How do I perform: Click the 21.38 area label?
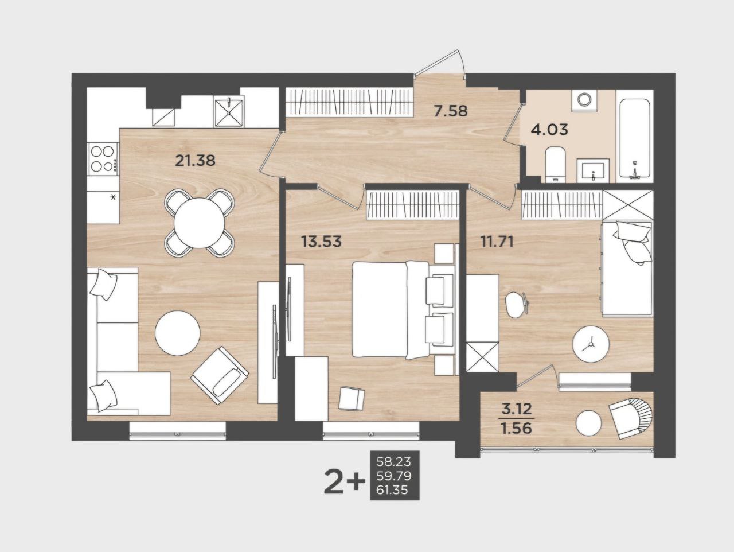pyautogui.click(x=196, y=161)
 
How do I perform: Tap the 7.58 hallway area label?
pyautogui.click(x=450, y=111)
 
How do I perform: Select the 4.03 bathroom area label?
pyautogui.click(x=549, y=129)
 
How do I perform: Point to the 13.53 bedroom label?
pyautogui.click(x=321, y=241)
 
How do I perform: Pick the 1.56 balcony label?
pyautogui.click(x=516, y=428)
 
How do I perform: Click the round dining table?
pyautogui.click(x=200, y=223)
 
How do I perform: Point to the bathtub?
pyautogui.click(x=635, y=138)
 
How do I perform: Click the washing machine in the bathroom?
pyautogui.click(x=585, y=99)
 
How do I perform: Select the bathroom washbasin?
pyautogui.click(x=593, y=170)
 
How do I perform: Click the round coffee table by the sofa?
pyautogui.click(x=178, y=333)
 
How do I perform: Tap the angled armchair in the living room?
pyautogui.click(x=220, y=376)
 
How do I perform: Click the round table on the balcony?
pyautogui.click(x=588, y=423)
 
